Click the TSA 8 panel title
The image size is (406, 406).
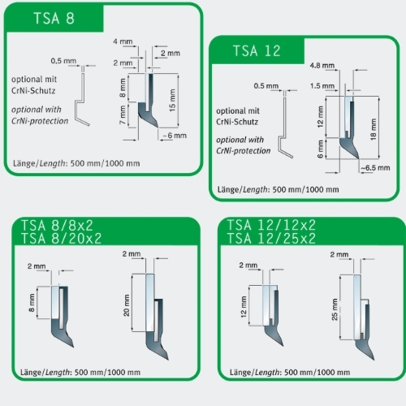click(x=54, y=19)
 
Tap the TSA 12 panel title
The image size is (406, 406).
click(x=257, y=51)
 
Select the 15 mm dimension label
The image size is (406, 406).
click(x=172, y=100)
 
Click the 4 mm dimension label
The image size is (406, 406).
click(x=123, y=41)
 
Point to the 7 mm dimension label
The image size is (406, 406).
click(x=123, y=114)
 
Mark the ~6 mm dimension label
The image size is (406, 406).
click(x=175, y=136)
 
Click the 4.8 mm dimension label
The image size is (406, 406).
click(x=322, y=66)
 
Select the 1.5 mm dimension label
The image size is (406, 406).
click(x=322, y=86)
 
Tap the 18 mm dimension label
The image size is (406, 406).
click(x=374, y=129)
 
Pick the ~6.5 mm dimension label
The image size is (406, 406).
click(x=375, y=168)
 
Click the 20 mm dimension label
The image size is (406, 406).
click(x=127, y=305)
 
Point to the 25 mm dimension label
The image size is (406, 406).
click(x=335, y=309)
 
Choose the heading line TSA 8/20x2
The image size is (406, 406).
click(x=62, y=239)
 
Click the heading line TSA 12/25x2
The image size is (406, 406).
click(x=271, y=239)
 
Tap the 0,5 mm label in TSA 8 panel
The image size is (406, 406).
click(x=63, y=61)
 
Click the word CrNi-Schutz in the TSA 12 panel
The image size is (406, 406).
click(x=237, y=122)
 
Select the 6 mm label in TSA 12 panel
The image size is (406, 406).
click(x=320, y=149)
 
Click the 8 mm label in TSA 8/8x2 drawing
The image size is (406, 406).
click(x=32, y=303)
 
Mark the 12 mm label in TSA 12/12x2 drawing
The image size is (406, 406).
click(x=244, y=307)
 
